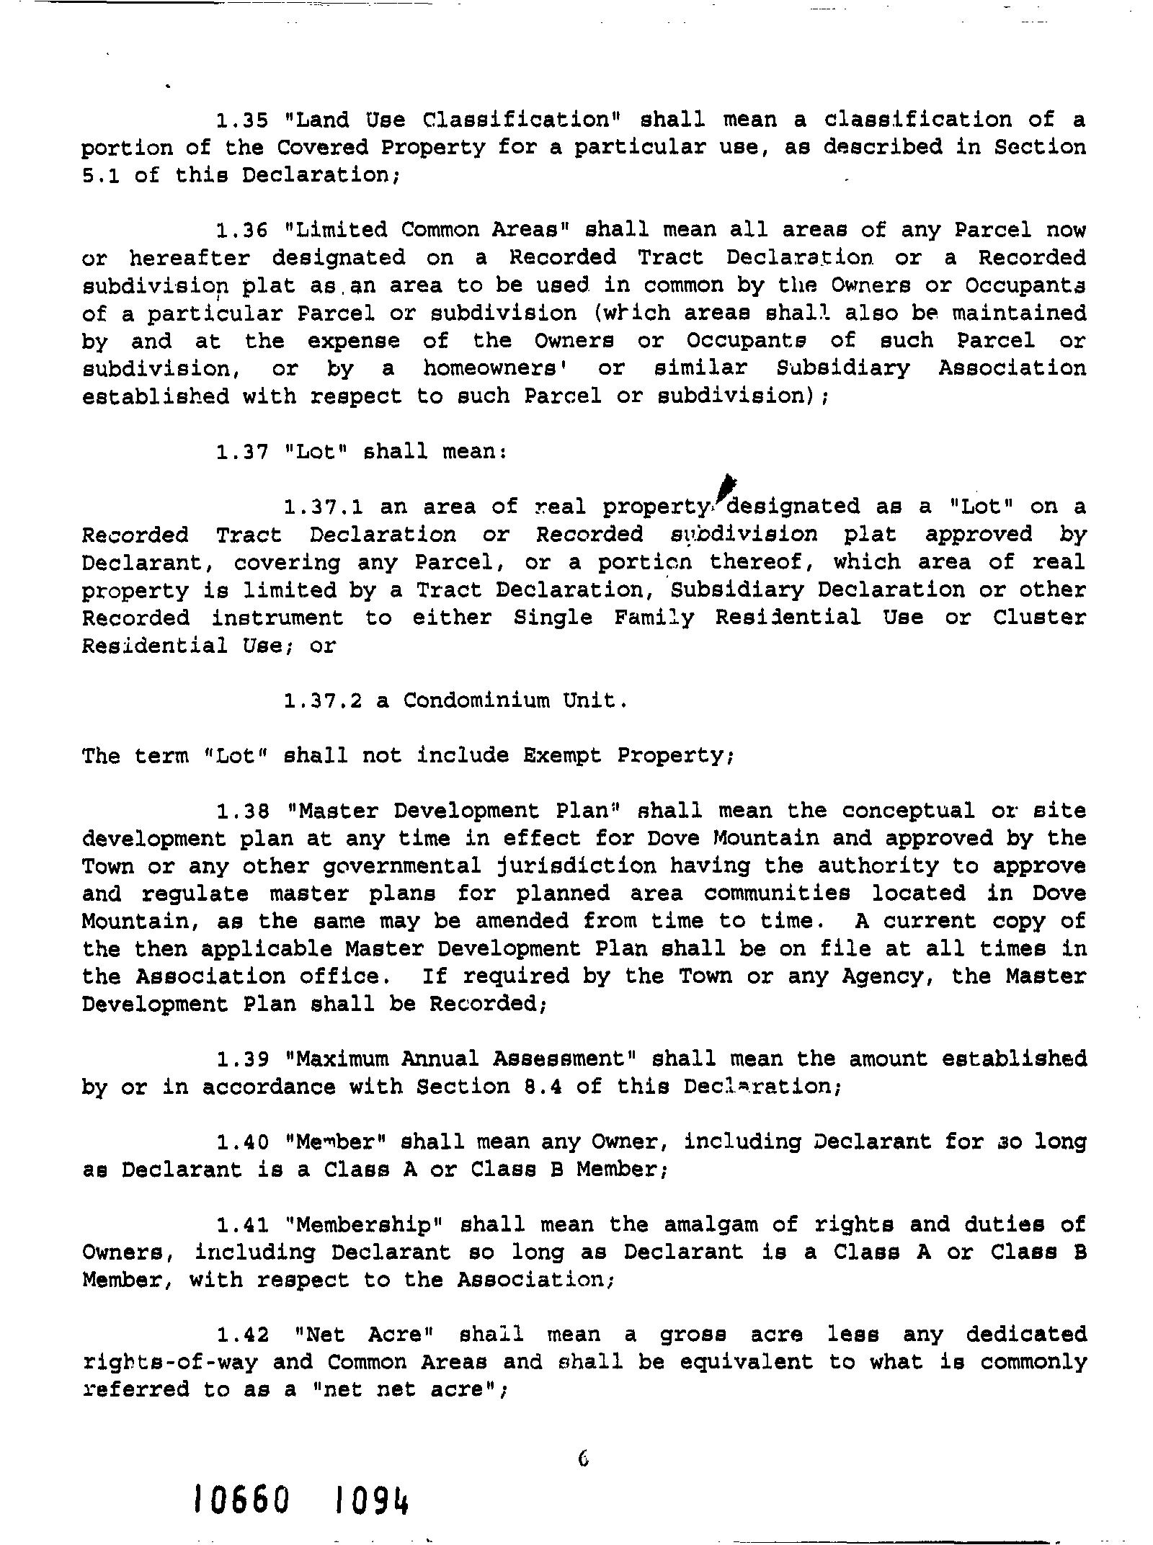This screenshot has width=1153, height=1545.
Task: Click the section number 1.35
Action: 242,120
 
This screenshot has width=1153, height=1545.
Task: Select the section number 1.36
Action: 242,231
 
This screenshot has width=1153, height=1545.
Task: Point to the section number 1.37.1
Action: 324,507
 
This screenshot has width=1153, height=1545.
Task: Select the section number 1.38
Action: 242,811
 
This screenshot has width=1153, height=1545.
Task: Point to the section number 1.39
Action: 242,1059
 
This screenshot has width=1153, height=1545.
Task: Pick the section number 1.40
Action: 242,1142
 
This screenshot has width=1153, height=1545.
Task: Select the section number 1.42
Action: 242,1335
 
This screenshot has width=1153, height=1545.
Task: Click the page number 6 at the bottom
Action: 583,1459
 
